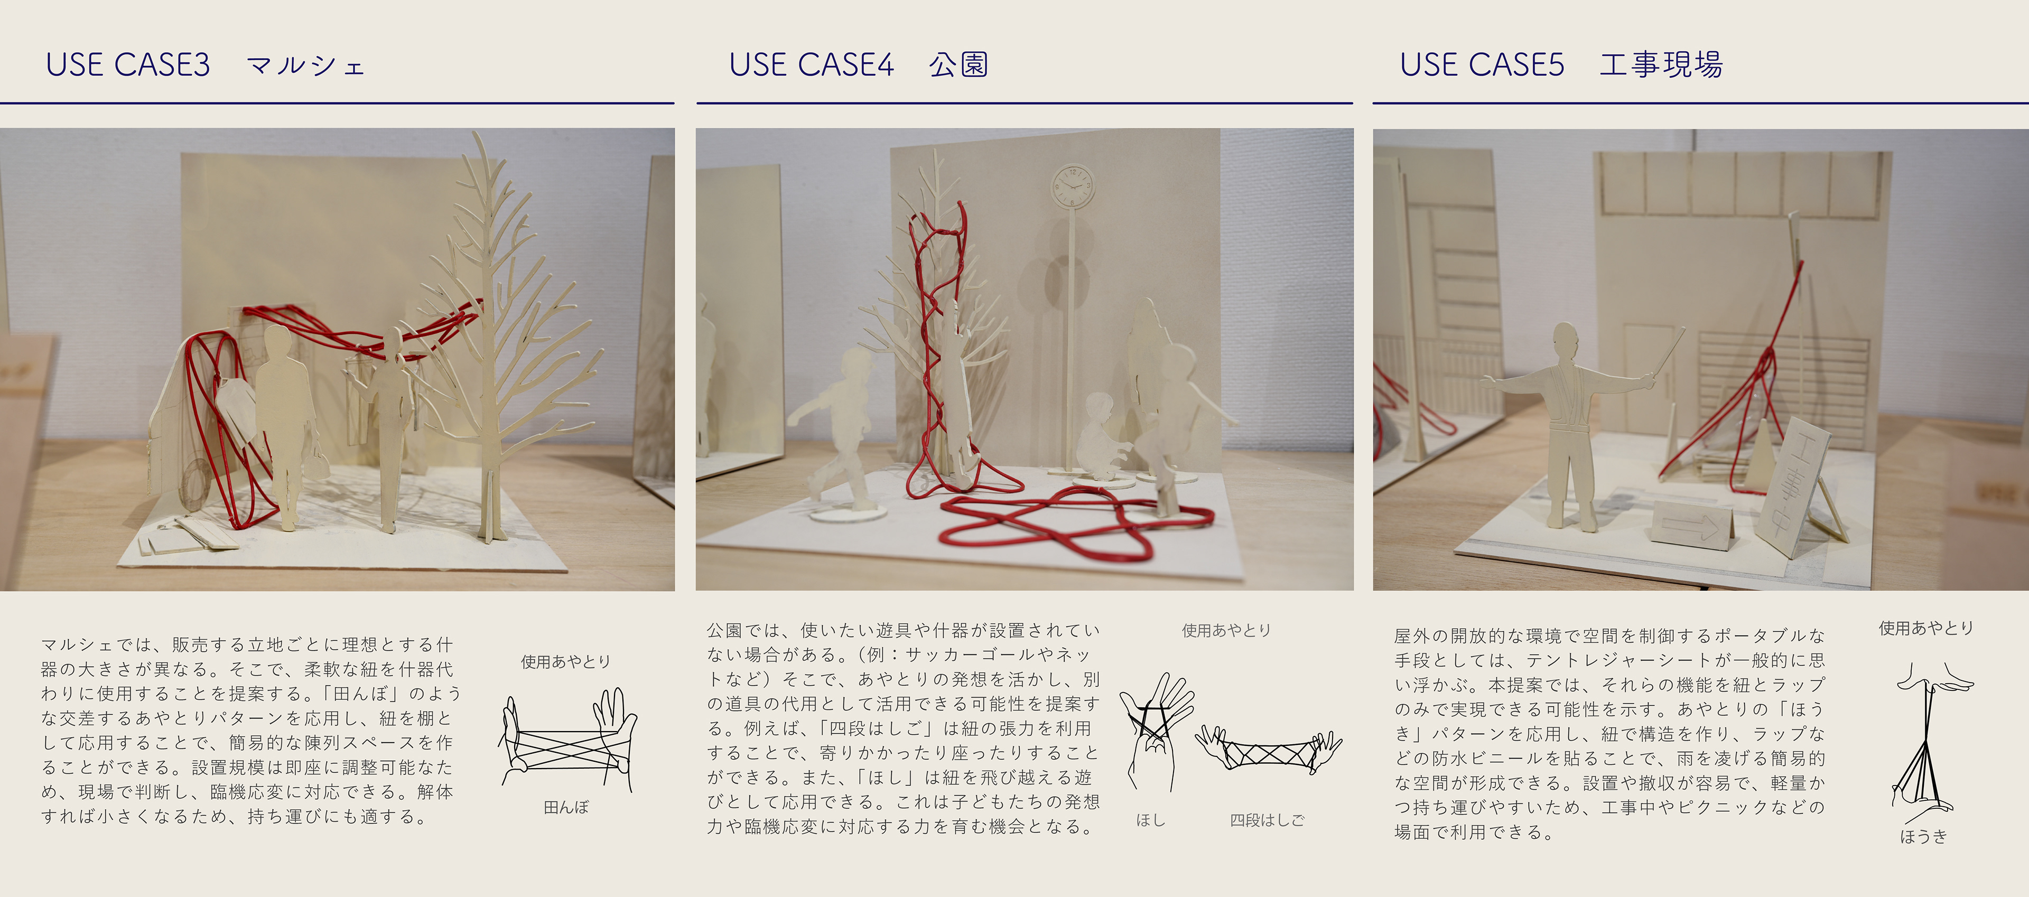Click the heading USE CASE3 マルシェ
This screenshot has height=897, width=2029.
point(206,64)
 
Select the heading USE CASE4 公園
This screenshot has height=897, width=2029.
point(859,64)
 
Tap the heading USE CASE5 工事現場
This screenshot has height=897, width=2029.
point(1561,64)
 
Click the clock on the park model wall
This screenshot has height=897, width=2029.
point(1073,186)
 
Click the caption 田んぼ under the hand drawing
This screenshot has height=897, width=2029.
point(565,807)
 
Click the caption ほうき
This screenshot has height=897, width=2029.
point(1923,836)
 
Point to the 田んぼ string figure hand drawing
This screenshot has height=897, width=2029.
point(567,740)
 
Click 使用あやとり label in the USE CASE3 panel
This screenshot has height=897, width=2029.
point(565,661)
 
